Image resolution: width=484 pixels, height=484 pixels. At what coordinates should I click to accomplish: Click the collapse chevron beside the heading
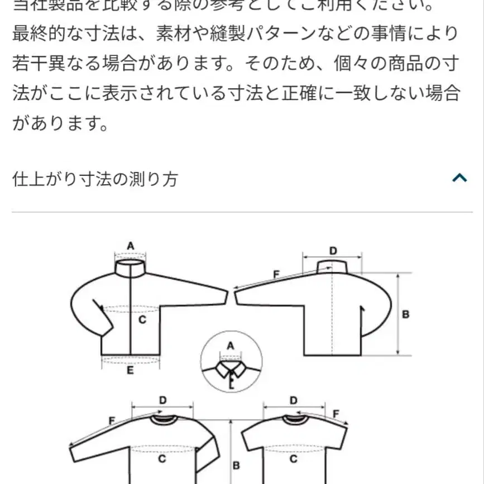click(x=459, y=178)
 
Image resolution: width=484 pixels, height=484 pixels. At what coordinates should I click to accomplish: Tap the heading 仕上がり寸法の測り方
click(x=95, y=179)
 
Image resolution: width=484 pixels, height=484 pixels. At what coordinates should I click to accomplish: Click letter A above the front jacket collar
click(x=131, y=246)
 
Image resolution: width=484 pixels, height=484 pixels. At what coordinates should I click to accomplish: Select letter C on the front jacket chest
click(x=142, y=320)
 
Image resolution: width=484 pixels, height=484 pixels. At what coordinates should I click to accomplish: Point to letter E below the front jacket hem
click(x=130, y=370)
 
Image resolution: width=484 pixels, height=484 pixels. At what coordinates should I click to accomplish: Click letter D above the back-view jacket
click(x=333, y=251)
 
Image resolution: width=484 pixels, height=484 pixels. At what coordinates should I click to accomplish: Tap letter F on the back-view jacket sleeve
click(x=276, y=274)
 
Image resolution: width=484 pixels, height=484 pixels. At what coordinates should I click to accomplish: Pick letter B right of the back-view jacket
click(x=406, y=314)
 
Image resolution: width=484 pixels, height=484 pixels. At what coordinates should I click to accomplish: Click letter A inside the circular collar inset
click(x=230, y=346)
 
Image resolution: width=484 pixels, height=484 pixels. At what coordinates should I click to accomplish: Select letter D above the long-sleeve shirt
click(x=163, y=400)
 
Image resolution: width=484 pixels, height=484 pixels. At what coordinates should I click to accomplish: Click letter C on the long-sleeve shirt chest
click(x=162, y=459)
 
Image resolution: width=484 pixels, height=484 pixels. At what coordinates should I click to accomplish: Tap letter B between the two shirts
click(x=236, y=464)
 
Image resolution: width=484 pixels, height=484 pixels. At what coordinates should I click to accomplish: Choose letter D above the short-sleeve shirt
click(x=294, y=400)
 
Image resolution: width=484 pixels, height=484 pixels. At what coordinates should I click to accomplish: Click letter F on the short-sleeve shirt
click(x=336, y=414)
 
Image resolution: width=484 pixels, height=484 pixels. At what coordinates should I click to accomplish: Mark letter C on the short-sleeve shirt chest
click(x=293, y=459)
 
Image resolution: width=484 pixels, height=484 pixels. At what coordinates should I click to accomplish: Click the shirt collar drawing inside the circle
click(x=230, y=370)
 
